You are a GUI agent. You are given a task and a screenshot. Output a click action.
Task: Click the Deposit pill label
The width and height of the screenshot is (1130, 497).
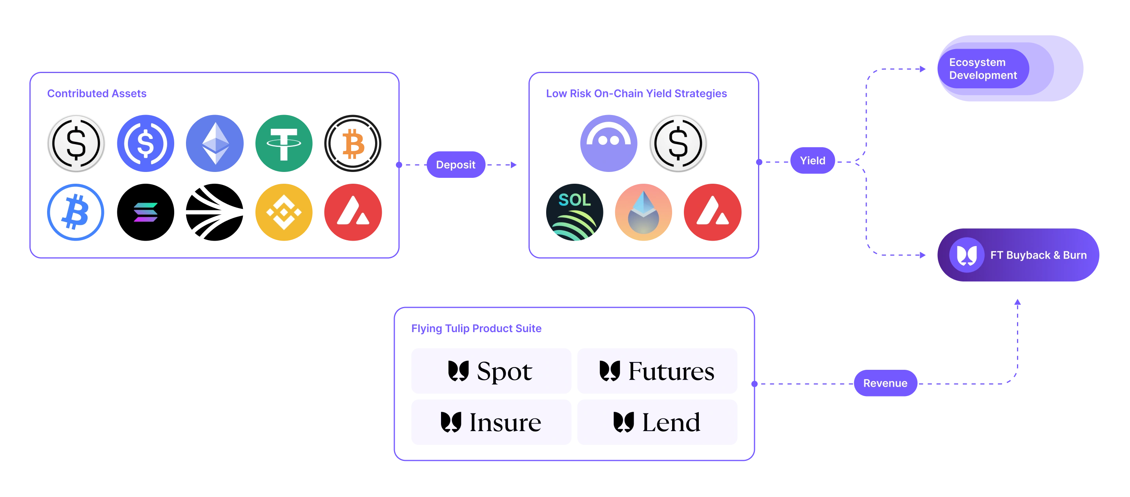point(455,164)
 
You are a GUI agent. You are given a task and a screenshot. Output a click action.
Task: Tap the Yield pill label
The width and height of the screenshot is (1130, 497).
point(813,161)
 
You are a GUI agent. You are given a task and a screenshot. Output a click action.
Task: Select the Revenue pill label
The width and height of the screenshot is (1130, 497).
point(885,383)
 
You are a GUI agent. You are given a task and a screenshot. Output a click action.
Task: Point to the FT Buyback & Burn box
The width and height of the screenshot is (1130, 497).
point(1018,255)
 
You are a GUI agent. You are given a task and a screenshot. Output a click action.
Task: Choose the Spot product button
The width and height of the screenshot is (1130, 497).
point(491,371)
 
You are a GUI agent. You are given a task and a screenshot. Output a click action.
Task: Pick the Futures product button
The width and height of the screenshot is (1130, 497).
point(657,371)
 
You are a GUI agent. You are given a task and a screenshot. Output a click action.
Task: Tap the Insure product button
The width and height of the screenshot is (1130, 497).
point(491,422)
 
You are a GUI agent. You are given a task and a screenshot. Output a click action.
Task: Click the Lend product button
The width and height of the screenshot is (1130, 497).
point(657,422)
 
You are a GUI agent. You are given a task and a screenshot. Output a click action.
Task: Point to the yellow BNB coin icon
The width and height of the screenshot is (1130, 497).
point(284,212)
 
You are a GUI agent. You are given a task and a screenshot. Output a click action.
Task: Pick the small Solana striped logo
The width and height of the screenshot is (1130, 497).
point(146,212)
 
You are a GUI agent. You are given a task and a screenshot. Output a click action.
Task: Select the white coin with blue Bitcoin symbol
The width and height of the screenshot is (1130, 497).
point(76,212)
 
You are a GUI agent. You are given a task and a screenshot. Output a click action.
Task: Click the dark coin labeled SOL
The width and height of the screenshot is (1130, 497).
point(575,212)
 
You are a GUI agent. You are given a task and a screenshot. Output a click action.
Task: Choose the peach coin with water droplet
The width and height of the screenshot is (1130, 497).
point(643,212)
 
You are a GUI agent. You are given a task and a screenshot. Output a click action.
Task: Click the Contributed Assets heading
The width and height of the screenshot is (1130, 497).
point(97,93)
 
